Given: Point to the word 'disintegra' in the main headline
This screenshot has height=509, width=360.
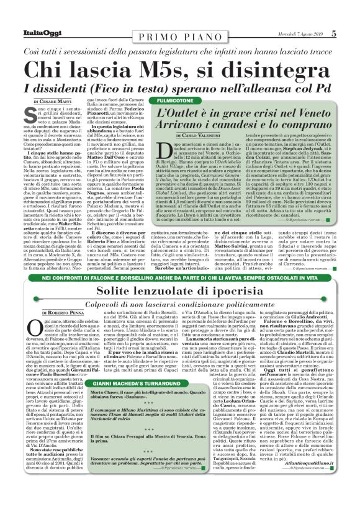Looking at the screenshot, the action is tap(274, 69).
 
